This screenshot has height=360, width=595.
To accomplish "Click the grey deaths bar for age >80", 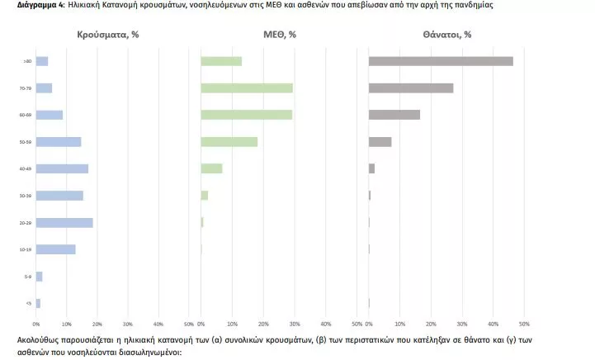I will pos(441,61).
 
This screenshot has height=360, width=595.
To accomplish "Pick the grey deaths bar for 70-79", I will pos(411,88).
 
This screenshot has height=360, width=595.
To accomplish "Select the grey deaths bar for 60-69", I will pos(394,115).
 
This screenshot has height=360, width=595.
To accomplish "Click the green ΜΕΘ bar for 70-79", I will pos(247,88).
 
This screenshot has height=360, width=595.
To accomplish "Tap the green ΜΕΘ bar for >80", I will pos(221,61).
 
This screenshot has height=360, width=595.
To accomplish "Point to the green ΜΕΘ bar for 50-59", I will pos(229,141).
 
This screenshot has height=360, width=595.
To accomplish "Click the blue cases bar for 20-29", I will pos(64,222).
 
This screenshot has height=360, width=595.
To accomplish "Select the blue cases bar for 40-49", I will pos(62,168).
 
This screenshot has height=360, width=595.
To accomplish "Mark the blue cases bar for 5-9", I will pos(39,276).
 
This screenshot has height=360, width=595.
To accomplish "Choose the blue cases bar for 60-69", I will pos(50,115).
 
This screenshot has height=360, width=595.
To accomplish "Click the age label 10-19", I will pos(27,249).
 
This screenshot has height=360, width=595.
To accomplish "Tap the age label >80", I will pos(28,61).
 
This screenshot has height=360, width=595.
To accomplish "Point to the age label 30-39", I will pos(27,196).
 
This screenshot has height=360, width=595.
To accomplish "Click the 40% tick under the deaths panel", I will pos(493,322).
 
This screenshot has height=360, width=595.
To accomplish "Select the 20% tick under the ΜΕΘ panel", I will pos(264,322).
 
